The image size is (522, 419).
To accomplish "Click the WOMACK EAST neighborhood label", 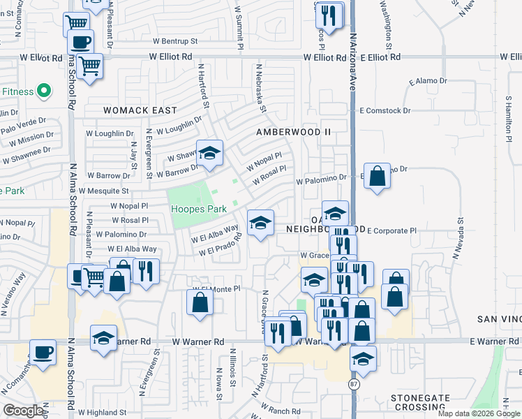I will (x=140, y=110).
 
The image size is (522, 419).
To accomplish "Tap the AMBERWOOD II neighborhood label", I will (x=292, y=131).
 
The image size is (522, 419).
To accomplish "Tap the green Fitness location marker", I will (x=43, y=90).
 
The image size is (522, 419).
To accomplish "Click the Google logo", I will (x=23, y=410).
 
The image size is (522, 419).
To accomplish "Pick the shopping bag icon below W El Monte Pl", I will (x=200, y=303).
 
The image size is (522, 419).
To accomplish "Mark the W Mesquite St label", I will (x=104, y=190).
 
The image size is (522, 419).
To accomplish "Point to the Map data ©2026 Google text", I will (x=477, y=413).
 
